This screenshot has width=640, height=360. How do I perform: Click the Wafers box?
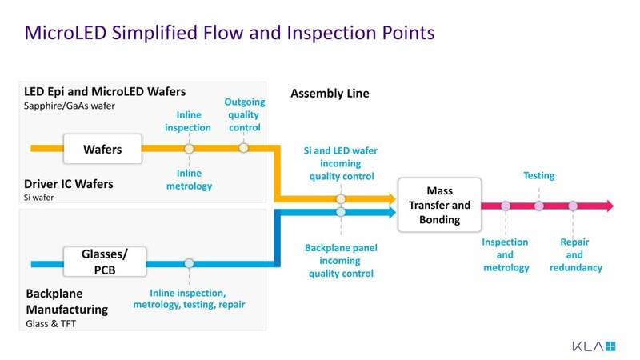[x=102, y=148]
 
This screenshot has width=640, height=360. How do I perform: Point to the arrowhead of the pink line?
[x=609, y=206]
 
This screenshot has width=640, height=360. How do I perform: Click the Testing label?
[x=538, y=175]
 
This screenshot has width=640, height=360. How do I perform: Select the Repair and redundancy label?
[x=575, y=254]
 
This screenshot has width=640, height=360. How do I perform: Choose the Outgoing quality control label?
[x=243, y=114]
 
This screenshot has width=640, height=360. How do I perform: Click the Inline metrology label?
[x=189, y=180]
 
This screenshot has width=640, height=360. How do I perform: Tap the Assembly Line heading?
[x=330, y=94]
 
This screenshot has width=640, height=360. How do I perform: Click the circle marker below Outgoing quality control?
[x=243, y=148]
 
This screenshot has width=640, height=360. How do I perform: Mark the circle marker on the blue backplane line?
[x=189, y=263]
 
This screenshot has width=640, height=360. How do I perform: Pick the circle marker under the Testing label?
[x=538, y=206]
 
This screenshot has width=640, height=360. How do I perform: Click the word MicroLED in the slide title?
[x=62, y=33]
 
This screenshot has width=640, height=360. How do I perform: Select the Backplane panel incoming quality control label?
[x=340, y=261]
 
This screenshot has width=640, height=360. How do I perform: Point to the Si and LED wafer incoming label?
[x=340, y=163]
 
